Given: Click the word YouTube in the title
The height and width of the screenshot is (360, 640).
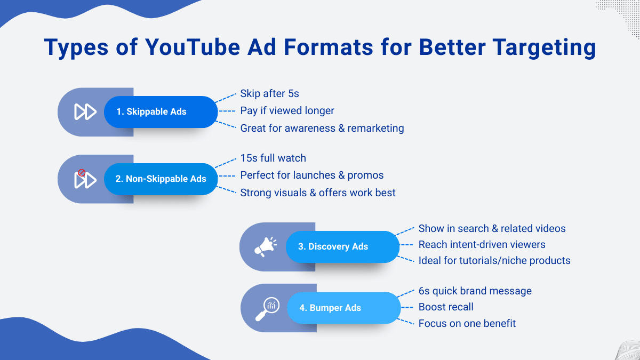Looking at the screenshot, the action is tap(193, 47).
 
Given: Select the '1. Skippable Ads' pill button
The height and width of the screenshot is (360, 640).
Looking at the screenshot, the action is tap(161, 111).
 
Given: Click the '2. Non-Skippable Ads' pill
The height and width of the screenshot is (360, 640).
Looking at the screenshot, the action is tap(161, 179).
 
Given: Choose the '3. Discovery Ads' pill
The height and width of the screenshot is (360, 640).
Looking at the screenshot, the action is tap(342, 246).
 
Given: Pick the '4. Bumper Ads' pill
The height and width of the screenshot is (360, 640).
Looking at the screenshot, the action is tap(343, 308).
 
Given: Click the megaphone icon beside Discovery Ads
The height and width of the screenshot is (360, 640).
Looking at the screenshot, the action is tap(266, 247).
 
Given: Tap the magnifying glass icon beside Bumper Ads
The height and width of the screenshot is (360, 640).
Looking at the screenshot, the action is tap(267, 309).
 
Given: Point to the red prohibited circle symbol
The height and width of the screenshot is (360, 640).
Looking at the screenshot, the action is tap(82, 173).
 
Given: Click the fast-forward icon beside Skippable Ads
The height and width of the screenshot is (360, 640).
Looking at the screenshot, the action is tap(85, 111).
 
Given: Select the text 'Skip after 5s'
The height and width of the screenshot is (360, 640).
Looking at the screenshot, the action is tap(269, 93).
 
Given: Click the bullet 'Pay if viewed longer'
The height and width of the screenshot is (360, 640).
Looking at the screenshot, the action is tap(287, 111).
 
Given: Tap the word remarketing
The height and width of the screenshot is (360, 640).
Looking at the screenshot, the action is tap(375, 129).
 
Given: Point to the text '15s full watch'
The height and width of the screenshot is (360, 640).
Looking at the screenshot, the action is tap(273, 158).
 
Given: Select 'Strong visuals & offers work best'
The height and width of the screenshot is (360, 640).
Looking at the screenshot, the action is tap(318, 193).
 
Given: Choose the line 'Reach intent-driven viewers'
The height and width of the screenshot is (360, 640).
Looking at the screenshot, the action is tap(482, 245).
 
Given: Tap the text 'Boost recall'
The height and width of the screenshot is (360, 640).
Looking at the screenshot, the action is tap(446, 307).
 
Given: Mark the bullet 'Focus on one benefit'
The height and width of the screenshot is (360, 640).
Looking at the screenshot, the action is tap(467, 323).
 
